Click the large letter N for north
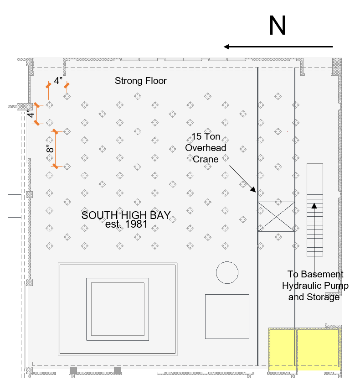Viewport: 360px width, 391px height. pyautogui.click(x=277, y=26)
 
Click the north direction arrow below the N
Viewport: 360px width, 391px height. pyautogui.click(x=278, y=47)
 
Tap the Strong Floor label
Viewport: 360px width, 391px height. pyautogui.click(x=140, y=81)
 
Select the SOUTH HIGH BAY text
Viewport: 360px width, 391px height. pyautogui.click(x=126, y=215)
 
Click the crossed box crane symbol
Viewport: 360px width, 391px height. pyautogui.click(x=276, y=217)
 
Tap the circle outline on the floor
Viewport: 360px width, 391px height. pyautogui.click(x=227, y=272)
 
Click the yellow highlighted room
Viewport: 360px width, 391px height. pyautogui.click(x=304, y=349)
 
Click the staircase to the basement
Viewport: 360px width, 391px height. pyautogui.click(x=314, y=210)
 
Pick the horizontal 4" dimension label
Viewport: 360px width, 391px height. pyautogui.click(x=58, y=81)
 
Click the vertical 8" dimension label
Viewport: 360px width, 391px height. pyautogui.click(x=50, y=149)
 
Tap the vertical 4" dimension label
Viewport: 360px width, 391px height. pyautogui.click(x=31, y=114)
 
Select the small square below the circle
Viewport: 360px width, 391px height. pyautogui.click(x=227, y=316)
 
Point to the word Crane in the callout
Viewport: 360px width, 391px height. pyautogui.click(x=206, y=159)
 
